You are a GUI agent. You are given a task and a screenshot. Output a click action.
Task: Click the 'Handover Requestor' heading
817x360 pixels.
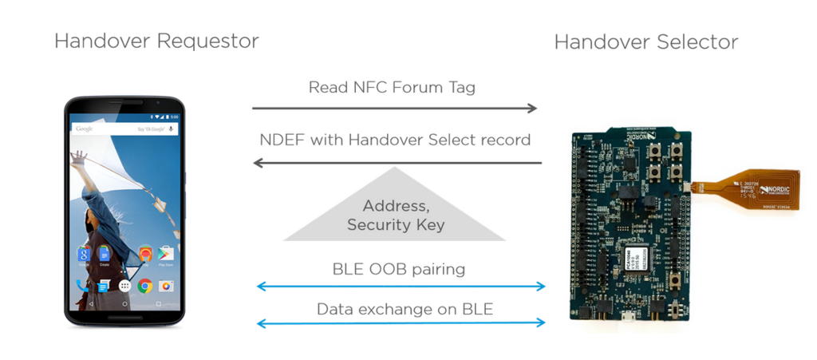(156, 41)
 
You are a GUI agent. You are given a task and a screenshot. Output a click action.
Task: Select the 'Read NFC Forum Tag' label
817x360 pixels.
(392, 87)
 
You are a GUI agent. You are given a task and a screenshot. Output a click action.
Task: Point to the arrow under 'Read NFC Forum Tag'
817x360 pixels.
(394, 109)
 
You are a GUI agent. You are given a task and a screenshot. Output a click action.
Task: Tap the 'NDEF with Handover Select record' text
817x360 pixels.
(395, 140)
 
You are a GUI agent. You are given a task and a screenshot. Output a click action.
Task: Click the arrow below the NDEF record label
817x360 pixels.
(397, 163)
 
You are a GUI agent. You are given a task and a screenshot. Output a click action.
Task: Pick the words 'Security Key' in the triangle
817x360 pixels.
(395, 225)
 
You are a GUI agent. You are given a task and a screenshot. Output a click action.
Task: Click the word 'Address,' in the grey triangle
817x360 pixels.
(395, 206)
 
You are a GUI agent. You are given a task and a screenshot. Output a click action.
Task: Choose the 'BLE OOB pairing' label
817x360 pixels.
(398, 268)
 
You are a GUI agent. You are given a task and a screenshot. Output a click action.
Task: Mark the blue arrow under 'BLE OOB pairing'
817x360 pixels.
(401, 286)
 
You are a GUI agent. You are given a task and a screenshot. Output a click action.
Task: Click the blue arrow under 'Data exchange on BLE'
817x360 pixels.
(401, 322)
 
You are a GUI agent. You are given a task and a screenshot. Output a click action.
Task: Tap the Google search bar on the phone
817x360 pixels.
(124, 129)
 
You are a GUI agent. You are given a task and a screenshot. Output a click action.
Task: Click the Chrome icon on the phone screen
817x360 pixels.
(144, 285)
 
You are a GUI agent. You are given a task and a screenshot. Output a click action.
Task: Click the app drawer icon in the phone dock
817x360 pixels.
(124, 285)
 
